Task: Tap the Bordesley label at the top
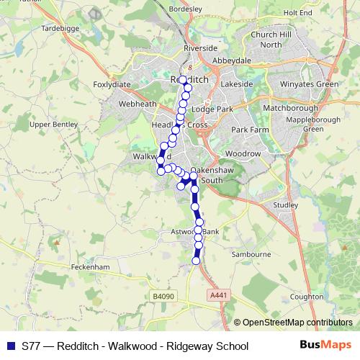(x=186, y=9)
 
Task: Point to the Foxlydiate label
(x=113, y=84)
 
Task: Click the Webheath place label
(x=138, y=104)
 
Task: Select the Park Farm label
(x=250, y=130)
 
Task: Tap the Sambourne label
(x=251, y=254)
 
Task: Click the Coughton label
(x=306, y=296)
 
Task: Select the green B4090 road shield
(x=163, y=296)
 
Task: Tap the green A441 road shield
(x=220, y=294)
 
